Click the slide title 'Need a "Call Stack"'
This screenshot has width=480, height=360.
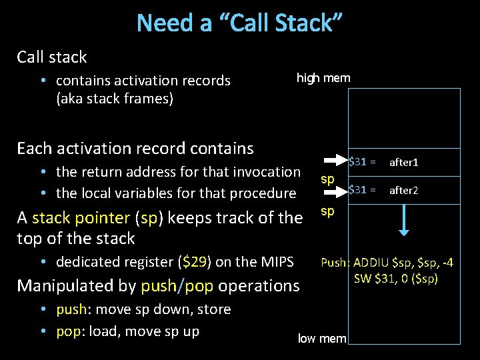pos(239,23)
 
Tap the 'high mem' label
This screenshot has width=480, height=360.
pos(323,79)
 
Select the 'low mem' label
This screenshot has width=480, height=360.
pos(322,338)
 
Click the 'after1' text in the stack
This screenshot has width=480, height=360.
pos(403,162)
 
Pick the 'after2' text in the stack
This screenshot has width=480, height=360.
pos(403,190)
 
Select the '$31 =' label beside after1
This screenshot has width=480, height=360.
pos(363,161)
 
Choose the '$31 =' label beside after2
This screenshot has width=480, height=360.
pos(363,190)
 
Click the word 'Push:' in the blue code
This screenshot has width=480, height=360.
pos(335,263)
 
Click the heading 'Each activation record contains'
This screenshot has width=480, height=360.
pos(135,148)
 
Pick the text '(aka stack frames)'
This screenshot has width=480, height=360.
pos(115,99)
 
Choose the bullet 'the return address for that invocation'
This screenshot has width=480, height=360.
pos(178,172)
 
